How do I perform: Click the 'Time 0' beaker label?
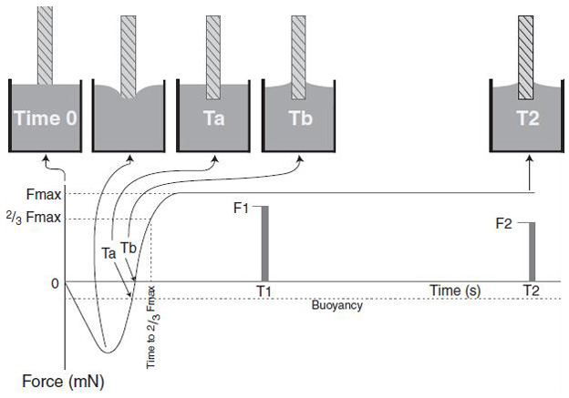46,118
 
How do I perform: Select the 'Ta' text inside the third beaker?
213,118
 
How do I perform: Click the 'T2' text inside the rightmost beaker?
525,118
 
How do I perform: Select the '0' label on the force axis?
55,283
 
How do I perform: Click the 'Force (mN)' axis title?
58,383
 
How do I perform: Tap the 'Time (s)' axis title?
456,290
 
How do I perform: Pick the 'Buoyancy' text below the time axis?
336,306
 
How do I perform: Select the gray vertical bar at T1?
264,244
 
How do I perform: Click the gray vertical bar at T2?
532,251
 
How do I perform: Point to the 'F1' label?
243,209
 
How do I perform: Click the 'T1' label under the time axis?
264,291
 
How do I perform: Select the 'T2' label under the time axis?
532,291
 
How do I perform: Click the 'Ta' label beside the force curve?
108,255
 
